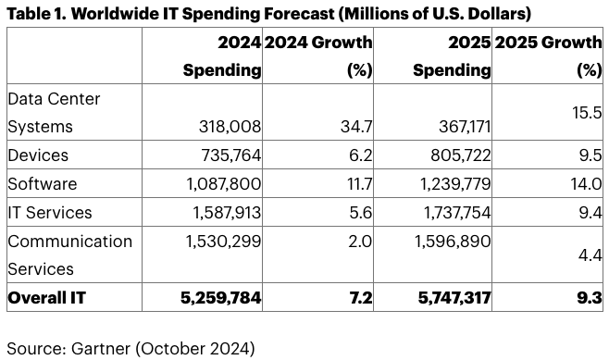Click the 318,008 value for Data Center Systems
[230, 127]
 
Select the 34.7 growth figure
[356, 127]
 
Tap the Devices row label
[38, 155]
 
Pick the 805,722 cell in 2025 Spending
[461, 155]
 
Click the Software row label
[43, 183]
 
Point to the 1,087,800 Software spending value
[224, 183]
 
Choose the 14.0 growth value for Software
[586, 183]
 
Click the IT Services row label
[50, 213]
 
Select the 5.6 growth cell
[361, 213]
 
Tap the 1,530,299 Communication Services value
[223, 242]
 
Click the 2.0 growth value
[360, 242]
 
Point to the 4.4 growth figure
[590, 255]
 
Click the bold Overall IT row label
[46, 298]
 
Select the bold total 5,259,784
[221, 298]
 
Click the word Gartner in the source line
[101, 348]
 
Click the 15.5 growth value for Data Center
[587, 113]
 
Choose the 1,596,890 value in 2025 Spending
[453, 242]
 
